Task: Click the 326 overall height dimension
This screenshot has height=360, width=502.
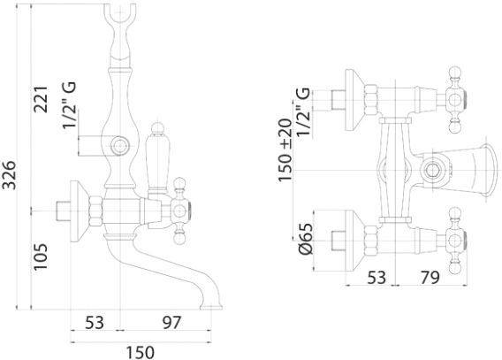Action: (9, 175)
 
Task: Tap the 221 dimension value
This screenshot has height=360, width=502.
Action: (41, 99)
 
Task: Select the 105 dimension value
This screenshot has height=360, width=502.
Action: (41, 257)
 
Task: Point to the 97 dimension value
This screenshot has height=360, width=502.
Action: (172, 322)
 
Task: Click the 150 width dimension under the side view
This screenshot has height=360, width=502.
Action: (140, 352)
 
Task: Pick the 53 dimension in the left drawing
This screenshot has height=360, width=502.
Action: (95, 322)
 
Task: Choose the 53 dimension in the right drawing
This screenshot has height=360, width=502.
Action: (376, 278)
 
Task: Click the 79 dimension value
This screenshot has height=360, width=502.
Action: (430, 278)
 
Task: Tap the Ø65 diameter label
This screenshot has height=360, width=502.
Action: (305, 239)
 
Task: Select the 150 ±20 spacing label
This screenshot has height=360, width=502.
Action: (285, 150)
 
